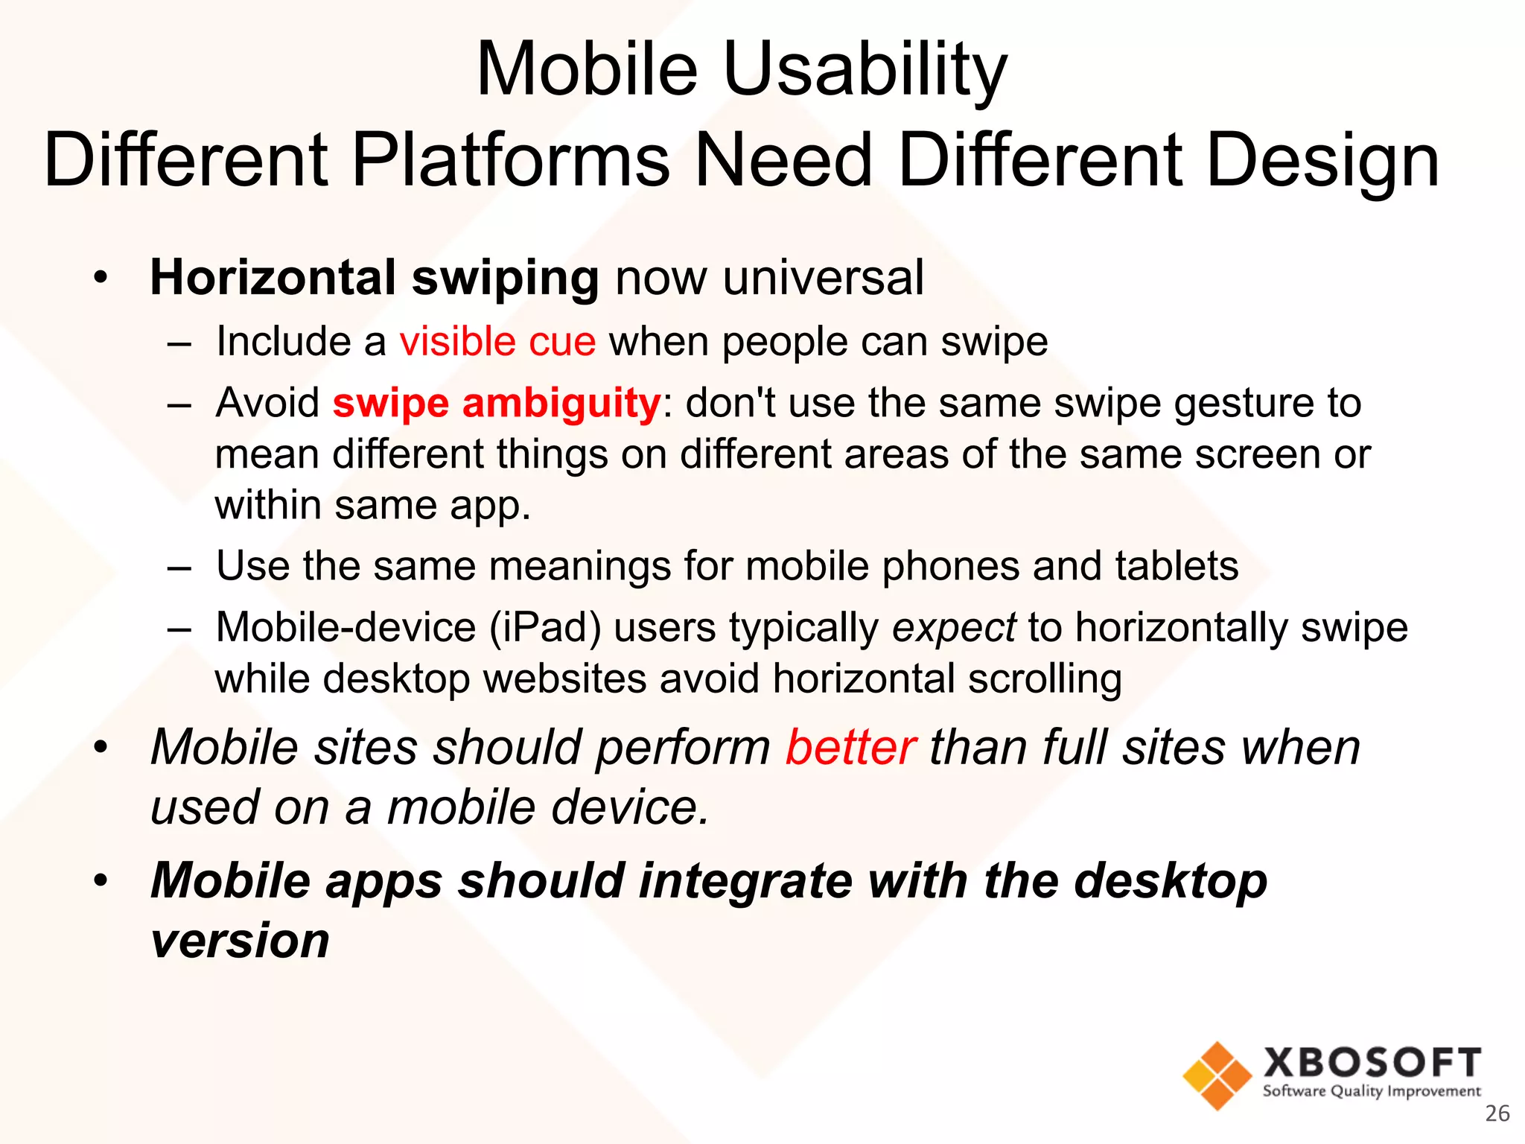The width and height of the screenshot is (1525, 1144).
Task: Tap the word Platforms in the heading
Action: pyautogui.click(x=510, y=160)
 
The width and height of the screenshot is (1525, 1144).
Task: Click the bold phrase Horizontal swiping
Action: pyautogui.click(x=375, y=278)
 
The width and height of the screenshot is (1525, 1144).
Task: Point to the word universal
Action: pyautogui.click(x=822, y=278)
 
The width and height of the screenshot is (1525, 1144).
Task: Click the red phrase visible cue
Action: pyautogui.click(x=497, y=342)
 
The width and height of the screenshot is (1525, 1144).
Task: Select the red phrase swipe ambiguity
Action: pyautogui.click(x=496, y=403)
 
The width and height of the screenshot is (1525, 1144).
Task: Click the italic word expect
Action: pyautogui.click(x=954, y=627)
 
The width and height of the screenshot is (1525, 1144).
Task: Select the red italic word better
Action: pyautogui.click(x=850, y=747)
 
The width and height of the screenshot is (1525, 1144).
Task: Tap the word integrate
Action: pyautogui.click(x=745, y=880)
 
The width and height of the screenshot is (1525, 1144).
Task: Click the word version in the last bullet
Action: pyautogui.click(x=240, y=940)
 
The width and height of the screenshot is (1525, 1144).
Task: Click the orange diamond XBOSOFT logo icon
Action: pyautogui.click(x=1217, y=1075)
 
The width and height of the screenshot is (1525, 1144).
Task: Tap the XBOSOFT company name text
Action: pyautogui.click(x=1372, y=1062)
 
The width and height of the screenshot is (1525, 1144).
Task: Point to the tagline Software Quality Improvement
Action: pyautogui.click(x=1372, y=1091)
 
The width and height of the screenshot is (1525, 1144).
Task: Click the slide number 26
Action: pyautogui.click(x=1497, y=1113)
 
